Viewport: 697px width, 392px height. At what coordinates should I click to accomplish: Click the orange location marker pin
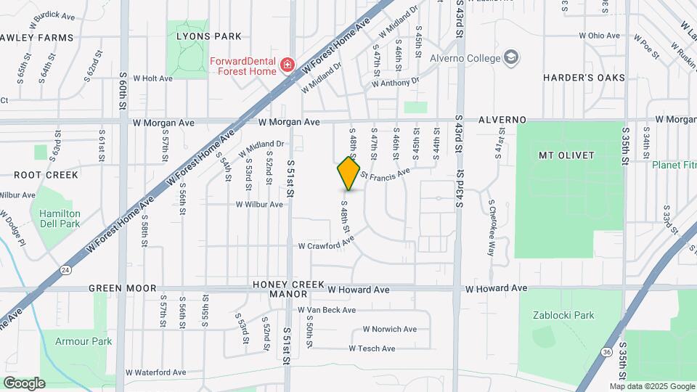point(348,173)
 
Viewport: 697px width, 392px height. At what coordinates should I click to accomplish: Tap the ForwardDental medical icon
point(288,65)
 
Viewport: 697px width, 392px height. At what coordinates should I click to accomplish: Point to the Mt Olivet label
point(566,155)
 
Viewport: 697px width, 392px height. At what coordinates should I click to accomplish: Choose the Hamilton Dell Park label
point(60,219)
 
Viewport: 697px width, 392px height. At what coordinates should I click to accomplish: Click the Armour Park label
point(83,340)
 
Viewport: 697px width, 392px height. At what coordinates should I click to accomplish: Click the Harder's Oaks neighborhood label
point(584,77)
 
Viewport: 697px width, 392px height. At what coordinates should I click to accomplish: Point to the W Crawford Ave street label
point(326,246)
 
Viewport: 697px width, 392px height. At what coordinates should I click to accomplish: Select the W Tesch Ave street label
point(372,348)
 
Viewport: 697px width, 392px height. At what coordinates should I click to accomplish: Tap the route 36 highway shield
point(606,351)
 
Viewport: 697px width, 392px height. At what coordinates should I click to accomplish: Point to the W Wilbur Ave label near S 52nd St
point(259,205)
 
